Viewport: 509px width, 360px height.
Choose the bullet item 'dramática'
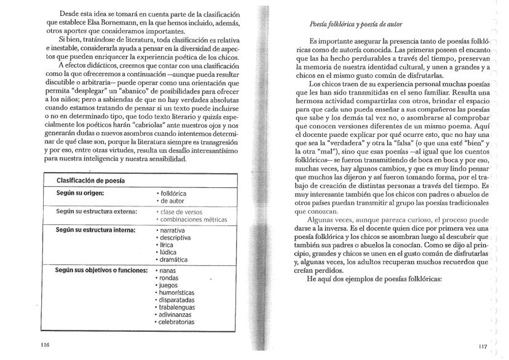(x=176, y=259)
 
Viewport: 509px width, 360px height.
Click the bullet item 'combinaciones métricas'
(x=194, y=219)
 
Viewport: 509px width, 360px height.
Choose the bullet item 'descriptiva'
(x=178, y=237)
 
